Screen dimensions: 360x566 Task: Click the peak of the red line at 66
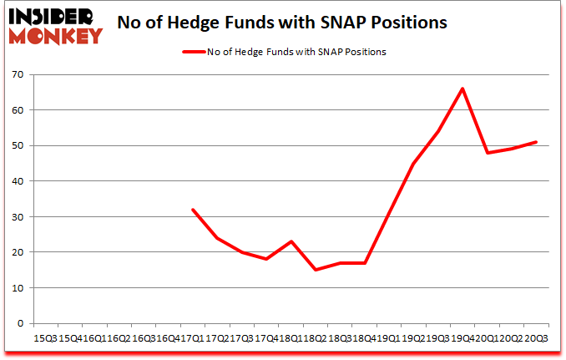[x=462, y=89]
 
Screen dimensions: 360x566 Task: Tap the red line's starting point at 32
[x=193, y=210]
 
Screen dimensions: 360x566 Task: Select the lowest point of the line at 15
[x=316, y=270]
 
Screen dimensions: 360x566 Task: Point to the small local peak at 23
[x=291, y=241]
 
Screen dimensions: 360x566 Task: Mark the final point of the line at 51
[x=536, y=142]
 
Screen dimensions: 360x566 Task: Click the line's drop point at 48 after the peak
[x=487, y=153]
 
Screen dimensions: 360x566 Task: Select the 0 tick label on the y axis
[x=21, y=323]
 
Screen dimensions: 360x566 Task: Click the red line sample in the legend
[x=193, y=52]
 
